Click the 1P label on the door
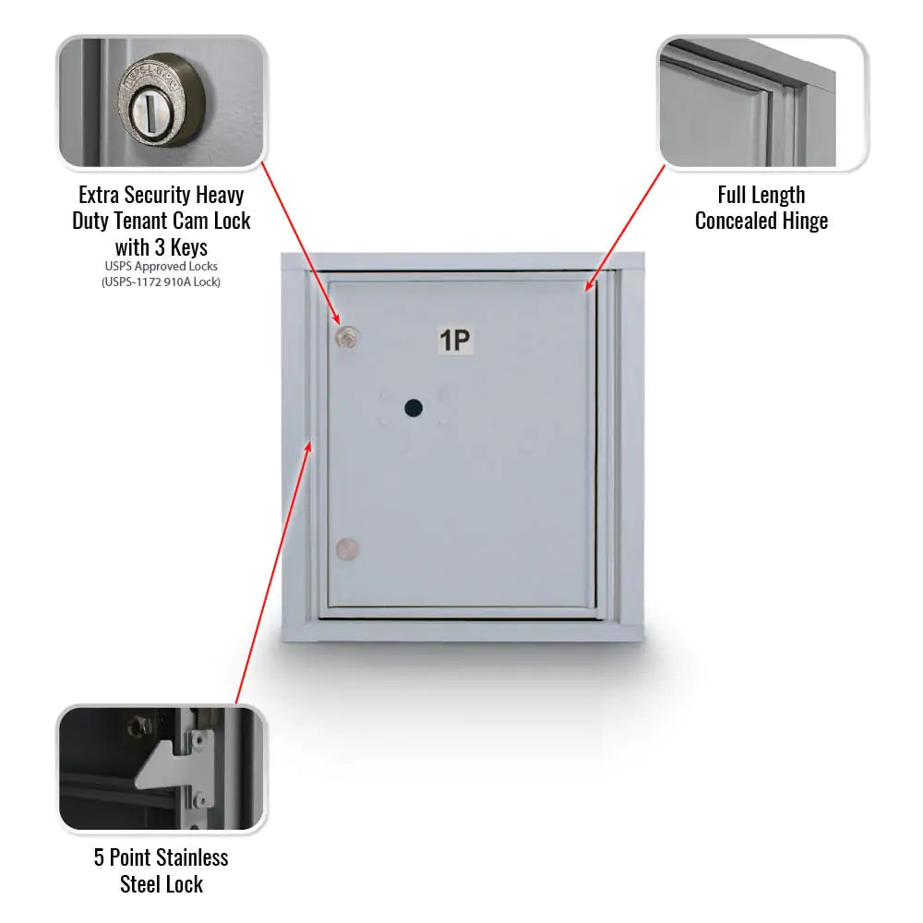[x=454, y=341]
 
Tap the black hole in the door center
[x=413, y=406]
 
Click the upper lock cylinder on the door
[x=346, y=338]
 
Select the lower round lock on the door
[x=346, y=549]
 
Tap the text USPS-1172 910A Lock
[x=162, y=282]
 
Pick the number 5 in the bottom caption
[x=100, y=857]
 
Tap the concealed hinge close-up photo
[x=761, y=103]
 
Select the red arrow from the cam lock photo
[x=300, y=245]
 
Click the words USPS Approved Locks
[x=162, y=267]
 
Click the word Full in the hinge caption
[x=735, y=195]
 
